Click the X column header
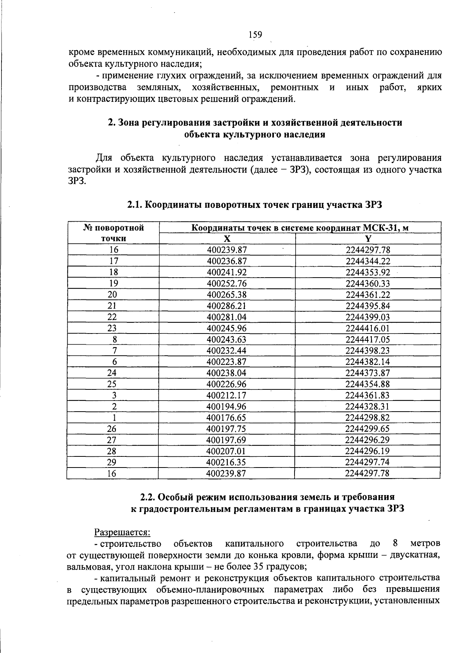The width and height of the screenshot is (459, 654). (227, 239)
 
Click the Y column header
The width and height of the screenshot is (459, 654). (368, 239)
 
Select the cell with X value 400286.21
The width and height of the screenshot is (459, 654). (226, 306)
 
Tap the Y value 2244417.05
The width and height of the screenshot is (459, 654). (368, 340)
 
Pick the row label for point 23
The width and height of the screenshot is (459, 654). (112, 329)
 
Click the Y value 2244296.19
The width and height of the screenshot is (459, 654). (367, 451)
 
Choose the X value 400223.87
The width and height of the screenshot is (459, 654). (226, 362)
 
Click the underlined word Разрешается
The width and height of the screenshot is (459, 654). (122, 532)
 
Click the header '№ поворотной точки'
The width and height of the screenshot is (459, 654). (114, 233)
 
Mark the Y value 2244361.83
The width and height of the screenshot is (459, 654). (367, 395)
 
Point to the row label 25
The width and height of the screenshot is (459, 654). (112, 384)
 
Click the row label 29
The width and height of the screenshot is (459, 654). (112, 462)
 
